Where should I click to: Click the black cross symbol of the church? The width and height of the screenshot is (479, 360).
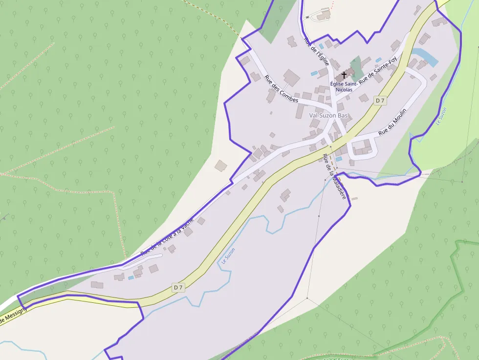click(x=344, y=75)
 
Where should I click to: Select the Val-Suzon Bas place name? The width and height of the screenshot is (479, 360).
click(x=328, y=115)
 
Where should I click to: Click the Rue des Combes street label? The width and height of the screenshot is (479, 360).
click(x=281, y=88)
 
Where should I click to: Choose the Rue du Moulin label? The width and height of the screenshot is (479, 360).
click(x=392, y=124)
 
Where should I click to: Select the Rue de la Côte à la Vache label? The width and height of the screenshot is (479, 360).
click(x=167, y=236)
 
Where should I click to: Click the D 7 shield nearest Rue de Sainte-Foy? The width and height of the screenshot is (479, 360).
click(x=380, y=100)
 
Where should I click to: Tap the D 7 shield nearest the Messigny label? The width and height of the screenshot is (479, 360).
click(x=178, y=288)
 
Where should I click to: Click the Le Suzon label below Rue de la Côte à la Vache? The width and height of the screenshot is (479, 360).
click(x=228, y=256)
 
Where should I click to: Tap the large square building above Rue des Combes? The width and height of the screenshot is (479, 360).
click(x=291, y=77)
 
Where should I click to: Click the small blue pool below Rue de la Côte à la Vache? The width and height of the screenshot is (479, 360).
click(x=131, y=277)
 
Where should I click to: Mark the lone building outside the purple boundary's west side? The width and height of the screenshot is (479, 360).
click(x=221, y=166)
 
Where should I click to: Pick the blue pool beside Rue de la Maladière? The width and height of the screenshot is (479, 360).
click(x=339, y=159)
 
